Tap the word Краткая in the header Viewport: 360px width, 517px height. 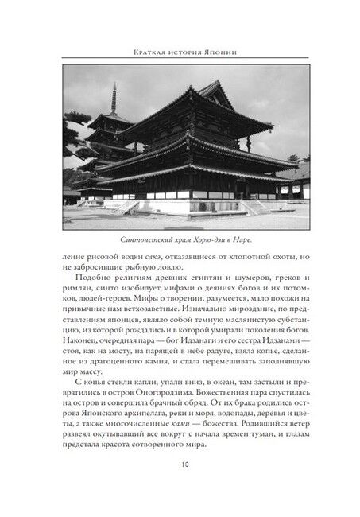(144, 53)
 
